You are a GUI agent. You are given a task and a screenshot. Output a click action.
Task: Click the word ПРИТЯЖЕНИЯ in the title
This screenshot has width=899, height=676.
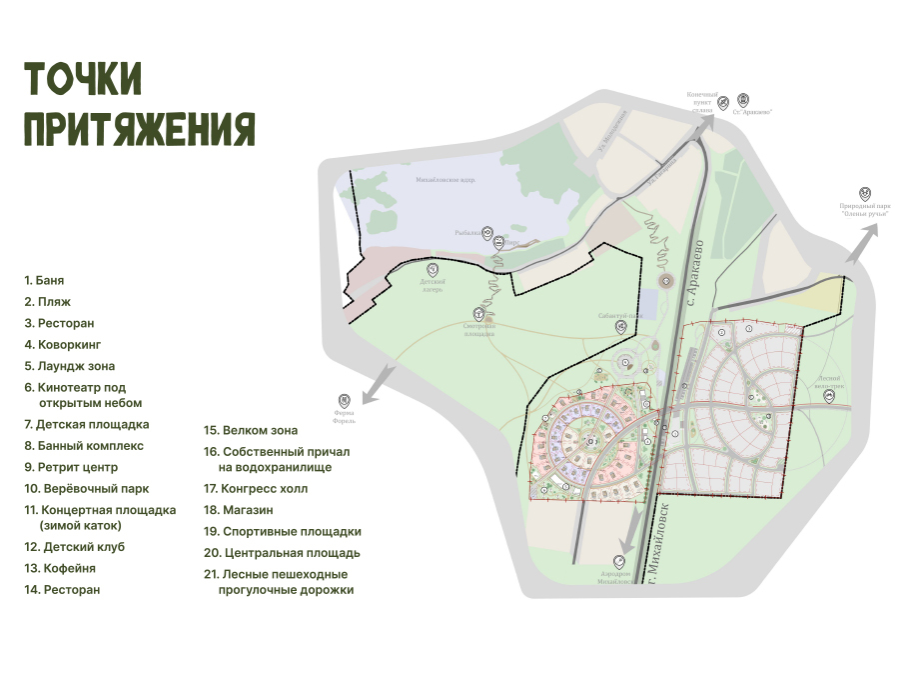click(140, 129)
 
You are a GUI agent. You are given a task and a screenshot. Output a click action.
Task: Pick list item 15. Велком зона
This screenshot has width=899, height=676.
click(251, 430)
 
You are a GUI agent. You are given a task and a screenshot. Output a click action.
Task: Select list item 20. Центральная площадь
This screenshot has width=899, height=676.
click(282, 552)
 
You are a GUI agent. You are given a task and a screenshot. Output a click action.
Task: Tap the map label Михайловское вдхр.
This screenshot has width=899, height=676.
click(445, 180)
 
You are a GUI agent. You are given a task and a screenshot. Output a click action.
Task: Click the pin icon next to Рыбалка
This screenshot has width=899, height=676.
click(486, 231)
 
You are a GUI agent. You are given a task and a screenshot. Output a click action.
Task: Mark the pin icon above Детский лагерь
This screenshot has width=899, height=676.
click(432, 269)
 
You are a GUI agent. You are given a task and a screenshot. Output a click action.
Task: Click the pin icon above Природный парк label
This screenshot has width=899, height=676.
click(864, 194)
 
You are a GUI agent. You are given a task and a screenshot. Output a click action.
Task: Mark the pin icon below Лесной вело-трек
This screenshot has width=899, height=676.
click(830, 396)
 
